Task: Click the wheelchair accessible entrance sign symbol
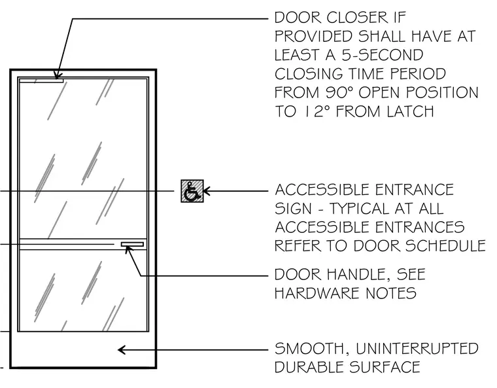point(192,191)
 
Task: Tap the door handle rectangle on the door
point(132,244)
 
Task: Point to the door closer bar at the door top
point(41,80)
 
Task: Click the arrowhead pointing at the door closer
point(57,75)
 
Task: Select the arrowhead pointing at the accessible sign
point(207,191)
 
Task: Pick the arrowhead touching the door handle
point(128,249)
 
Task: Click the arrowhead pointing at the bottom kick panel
point(122,350)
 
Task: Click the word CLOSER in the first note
point(357,18)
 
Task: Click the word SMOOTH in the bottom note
point(310,349)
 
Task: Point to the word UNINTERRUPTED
point(417,349)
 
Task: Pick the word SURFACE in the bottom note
point(385,367)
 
